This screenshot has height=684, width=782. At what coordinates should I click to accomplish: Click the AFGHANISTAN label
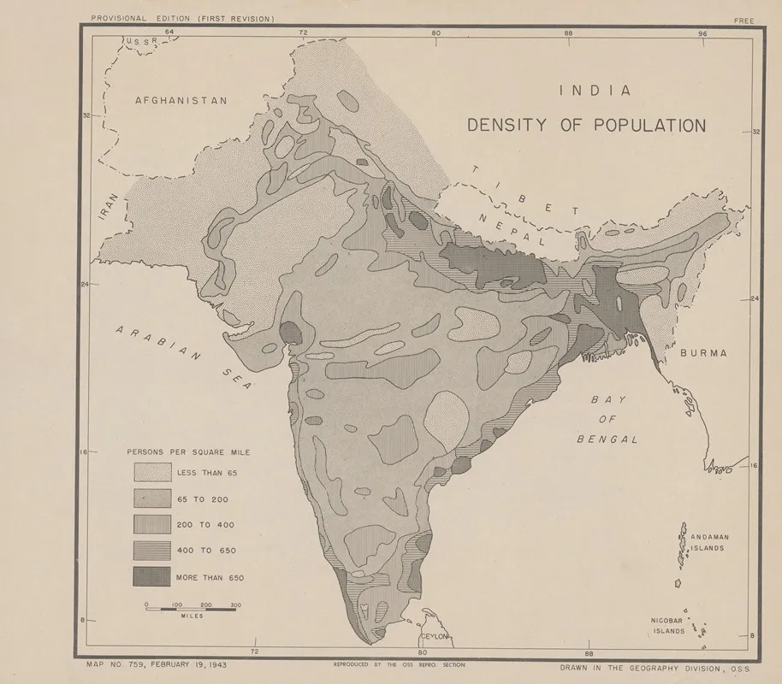(181, 100)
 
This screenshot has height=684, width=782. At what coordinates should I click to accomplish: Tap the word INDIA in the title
(595, 90)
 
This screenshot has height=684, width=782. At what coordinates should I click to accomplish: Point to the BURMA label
(703, 352)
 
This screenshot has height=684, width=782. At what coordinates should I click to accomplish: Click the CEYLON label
(434, 638)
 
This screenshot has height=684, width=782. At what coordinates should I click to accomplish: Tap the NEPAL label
(512, 229)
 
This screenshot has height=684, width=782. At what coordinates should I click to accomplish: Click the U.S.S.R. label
(142, 41)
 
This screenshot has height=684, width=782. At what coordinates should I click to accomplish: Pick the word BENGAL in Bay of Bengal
(607, 439)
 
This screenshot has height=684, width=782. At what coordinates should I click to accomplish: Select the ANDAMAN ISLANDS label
(710, 542)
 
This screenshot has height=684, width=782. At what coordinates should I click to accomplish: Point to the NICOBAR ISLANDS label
(669, 626)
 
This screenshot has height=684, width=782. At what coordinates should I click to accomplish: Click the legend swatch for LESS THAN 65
(151, 472)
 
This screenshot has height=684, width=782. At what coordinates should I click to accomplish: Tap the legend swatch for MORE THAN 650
(151, 577)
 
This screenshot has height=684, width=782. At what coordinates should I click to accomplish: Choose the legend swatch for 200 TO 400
(151, 524)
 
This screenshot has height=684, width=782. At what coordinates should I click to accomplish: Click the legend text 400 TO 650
(205, 551)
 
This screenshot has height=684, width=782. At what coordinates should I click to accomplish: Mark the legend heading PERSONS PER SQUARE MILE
(194, 451)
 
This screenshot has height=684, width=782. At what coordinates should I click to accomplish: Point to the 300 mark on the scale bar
(235, 604)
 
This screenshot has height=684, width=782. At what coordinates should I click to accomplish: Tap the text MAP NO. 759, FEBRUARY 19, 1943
(157, 663)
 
